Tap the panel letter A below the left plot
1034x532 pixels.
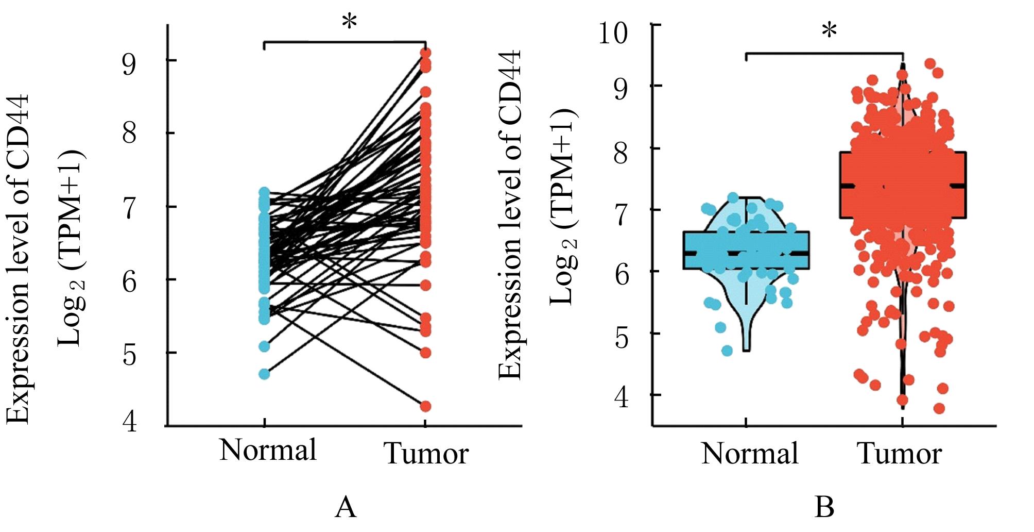pyautogui.click(x=346, y=507)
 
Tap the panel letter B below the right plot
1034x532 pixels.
pyautogui.click(x=824, y=507)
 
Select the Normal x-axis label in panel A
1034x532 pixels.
pyautogui.click(x=268, y=450)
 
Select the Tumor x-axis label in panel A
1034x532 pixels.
pyautogui.click(x=426, y=454)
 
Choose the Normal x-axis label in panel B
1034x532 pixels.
pyautogui.click(x=749, y=454)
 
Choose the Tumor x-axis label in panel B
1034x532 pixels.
pyautogui.click(x=900, y=454)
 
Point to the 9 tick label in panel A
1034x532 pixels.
pyautogui.click(x=129, y=64)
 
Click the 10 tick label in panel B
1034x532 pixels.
pyautogui.click(x=613, y=34)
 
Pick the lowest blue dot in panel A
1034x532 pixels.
pyautogui.click(x=264, y=374)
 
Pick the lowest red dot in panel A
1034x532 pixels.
pyautogui.click(x=425, y=406)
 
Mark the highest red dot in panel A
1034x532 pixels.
pyautogui.click(x=425, y=53)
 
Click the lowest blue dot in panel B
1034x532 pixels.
pyautogui.click(x=727, y=351)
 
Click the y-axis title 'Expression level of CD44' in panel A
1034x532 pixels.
pyautogui.click(x=18, y=258)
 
